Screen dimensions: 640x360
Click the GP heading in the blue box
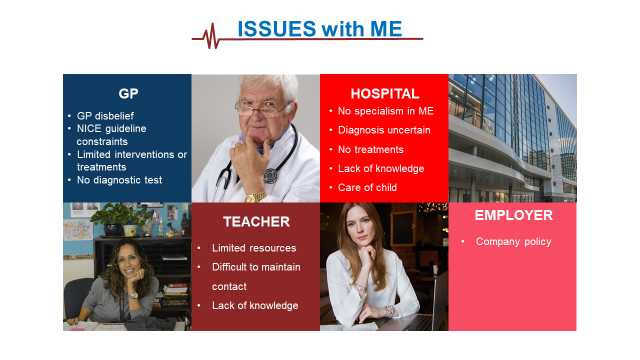click(128, 93)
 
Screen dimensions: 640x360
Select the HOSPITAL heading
click(385, 93)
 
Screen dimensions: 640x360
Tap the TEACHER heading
click(256, 221)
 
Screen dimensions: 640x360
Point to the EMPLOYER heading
click(513, 215)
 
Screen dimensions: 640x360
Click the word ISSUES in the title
click(276, 29)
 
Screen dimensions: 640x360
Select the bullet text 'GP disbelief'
click(105, 116)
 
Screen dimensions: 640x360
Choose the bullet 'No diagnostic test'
click(119, 180)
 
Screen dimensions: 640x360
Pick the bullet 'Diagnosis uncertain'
click(384, 130)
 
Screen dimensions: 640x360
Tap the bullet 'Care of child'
click(367, 187)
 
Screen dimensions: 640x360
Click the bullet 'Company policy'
click(513, 241)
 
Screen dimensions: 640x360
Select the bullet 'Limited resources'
click(254, 248)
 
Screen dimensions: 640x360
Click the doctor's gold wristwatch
click(255, 197)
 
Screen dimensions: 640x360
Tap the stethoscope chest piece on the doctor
click(270, 175)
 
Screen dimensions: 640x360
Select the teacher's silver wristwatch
click(132, 295)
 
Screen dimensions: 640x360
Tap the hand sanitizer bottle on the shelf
click(161, 227)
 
